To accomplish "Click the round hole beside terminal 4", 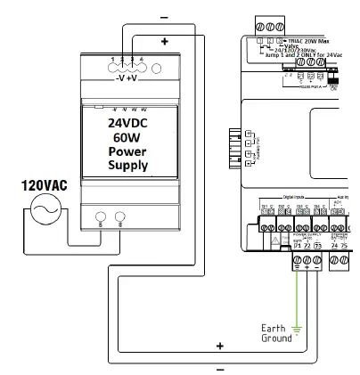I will (157, 66).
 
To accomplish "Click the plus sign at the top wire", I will (164, 41).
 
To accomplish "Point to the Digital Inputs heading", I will (294, 199).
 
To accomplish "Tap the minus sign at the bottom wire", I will (218, 365).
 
